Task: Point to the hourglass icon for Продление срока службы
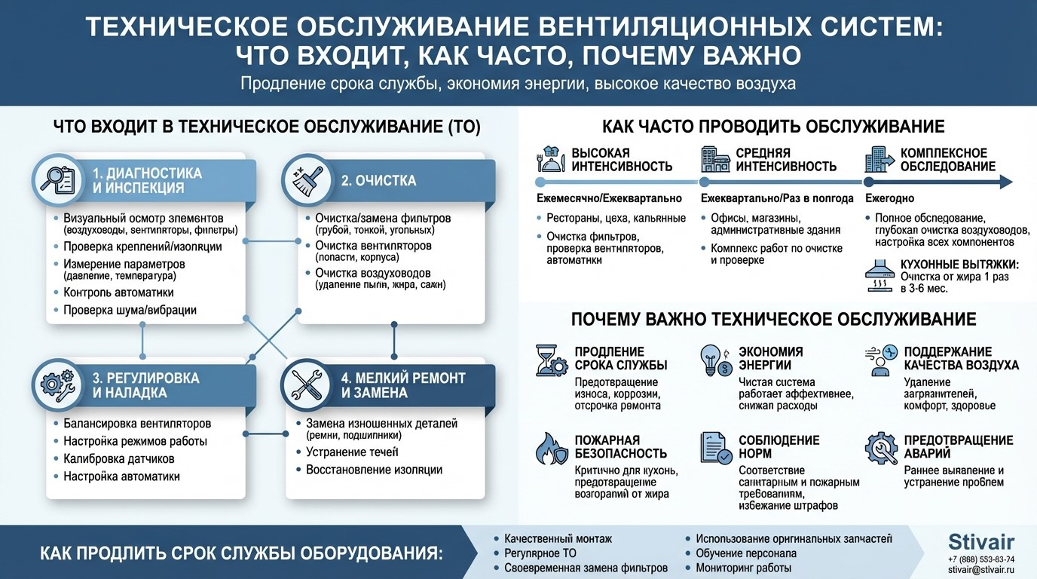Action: click(549, 360)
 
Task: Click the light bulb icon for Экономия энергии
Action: click(715, 360)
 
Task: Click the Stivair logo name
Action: click(981, 541)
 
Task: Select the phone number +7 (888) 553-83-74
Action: click(981, 559)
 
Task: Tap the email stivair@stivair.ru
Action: click(981, 570)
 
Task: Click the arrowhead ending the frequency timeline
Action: click(1005, 182)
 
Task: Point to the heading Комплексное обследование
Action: click(948, 160)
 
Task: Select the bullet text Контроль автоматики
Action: click(118, 293)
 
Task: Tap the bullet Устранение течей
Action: click(352, 452)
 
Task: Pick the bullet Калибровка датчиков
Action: click(119, 459)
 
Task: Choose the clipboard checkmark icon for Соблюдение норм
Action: click(715, 448)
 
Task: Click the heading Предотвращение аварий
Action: click(959, 447)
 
